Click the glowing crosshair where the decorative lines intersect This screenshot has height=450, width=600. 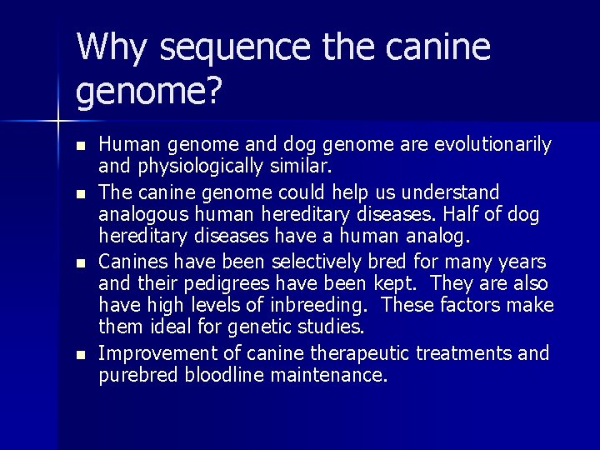click(x=57, y=122)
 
